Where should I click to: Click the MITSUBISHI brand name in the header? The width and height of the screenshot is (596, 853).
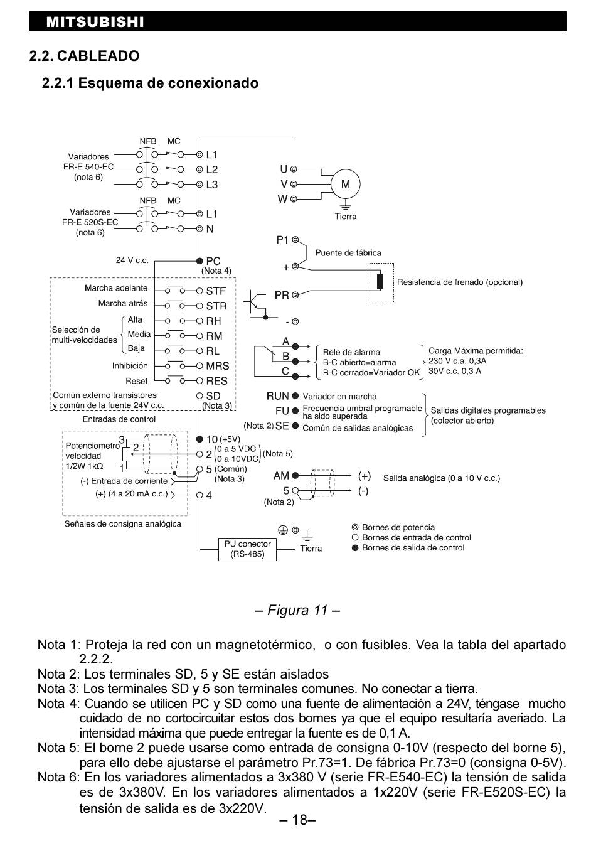[x=95, y=22]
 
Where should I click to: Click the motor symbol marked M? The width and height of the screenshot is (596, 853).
[x=345, y=184]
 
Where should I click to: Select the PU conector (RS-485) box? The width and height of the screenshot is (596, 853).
[x=247, y=549]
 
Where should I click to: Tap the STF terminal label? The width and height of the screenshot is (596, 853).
[x=216, y=291]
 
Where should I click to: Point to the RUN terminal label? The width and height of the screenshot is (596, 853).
[x=277, y=396]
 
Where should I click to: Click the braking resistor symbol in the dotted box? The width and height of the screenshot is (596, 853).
[x=380, y=281]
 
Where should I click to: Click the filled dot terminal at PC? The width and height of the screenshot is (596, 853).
[x=200, y=261]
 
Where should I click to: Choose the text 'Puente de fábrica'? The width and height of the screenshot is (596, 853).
[x=348, y=253]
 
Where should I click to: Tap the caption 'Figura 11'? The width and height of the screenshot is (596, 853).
[x=297, y=610]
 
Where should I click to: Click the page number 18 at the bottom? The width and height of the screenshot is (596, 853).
[x=297, y=820]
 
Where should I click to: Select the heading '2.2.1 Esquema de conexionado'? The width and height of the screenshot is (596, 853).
[x=151, y=83]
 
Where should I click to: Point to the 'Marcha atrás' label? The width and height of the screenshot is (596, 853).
[x=122, y=303]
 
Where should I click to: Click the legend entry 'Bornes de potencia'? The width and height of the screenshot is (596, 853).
[x=398, y=527]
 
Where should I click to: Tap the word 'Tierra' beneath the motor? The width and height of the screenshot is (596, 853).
[x=346, y=217]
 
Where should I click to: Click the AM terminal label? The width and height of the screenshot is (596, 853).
[x=281, y=476]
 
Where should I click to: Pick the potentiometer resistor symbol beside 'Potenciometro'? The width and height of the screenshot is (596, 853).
[x=126, y=454]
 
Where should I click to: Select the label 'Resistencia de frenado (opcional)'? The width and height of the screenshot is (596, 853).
[x=460, y=282]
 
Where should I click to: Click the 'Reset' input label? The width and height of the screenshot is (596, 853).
[x=136, y=381]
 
